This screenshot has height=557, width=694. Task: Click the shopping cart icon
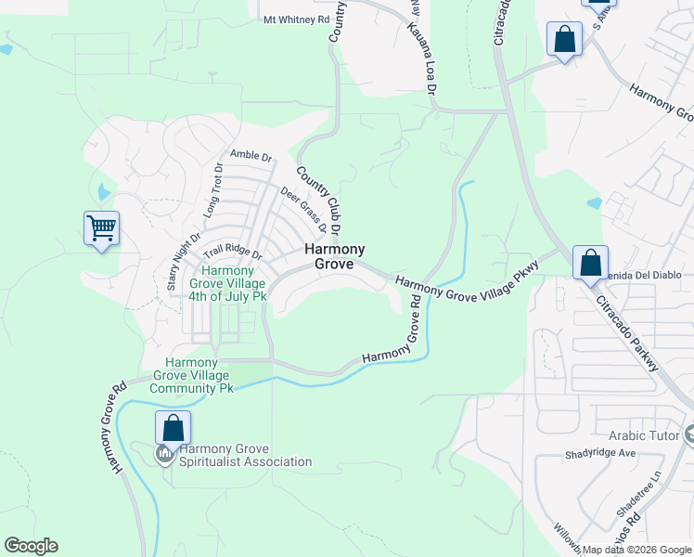(101, 227)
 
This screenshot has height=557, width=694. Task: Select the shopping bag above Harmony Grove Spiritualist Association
(173, 428)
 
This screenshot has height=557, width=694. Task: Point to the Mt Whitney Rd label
(296, 19)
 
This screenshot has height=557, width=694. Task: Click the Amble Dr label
(251, 157)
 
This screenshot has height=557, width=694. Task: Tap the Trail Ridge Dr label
(233, 252)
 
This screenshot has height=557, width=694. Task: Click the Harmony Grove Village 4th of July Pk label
(228, 283)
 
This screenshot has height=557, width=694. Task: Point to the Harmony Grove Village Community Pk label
(199, 375)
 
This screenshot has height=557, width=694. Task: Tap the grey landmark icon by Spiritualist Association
(164, 454)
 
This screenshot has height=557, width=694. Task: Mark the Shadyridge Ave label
(600, 454)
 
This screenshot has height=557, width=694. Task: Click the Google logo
(31, 546)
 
